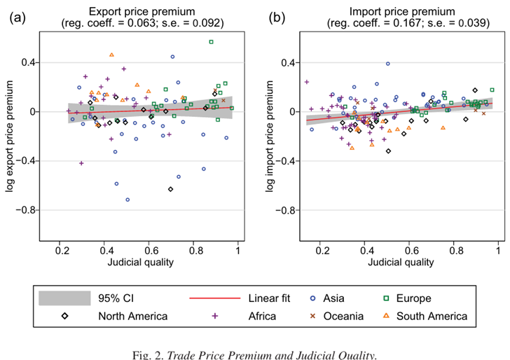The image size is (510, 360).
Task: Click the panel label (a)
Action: (x=18, y=18)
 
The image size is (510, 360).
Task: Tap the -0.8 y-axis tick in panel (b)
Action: (x=289, y=210)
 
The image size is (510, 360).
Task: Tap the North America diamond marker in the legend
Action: (x=64, y=316)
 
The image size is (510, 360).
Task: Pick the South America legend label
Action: (x=432, y=316)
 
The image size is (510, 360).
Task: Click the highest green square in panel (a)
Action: (x=212, y=42)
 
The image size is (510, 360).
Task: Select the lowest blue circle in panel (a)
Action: (x=127, y=200)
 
